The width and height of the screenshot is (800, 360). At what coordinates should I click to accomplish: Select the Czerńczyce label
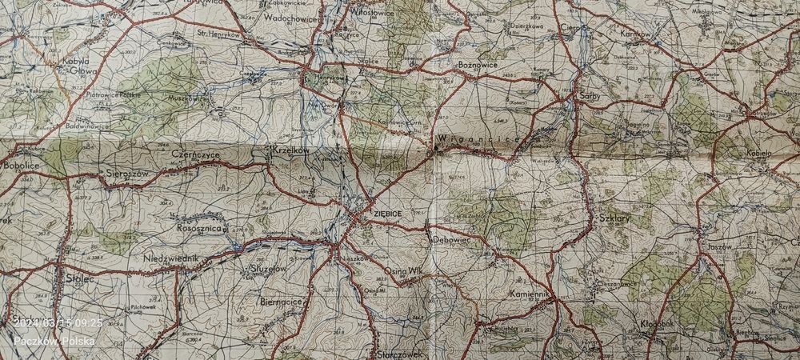click(195, 153)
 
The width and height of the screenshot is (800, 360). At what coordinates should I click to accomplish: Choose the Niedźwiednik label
click(171, 259)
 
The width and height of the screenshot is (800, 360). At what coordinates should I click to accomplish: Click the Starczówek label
click(398, 352)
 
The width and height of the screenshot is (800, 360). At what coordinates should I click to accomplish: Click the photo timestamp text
click(58, 322)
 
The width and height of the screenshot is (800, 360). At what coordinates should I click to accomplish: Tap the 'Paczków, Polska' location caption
click(54, 341)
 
